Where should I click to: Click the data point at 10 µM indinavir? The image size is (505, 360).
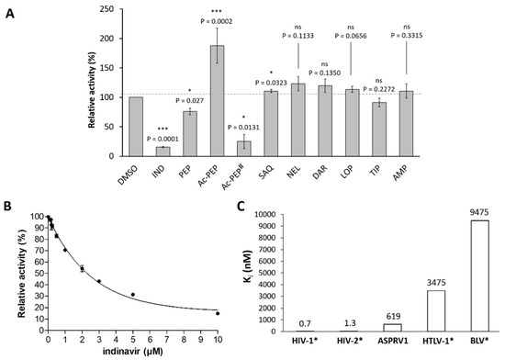(242, 313)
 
